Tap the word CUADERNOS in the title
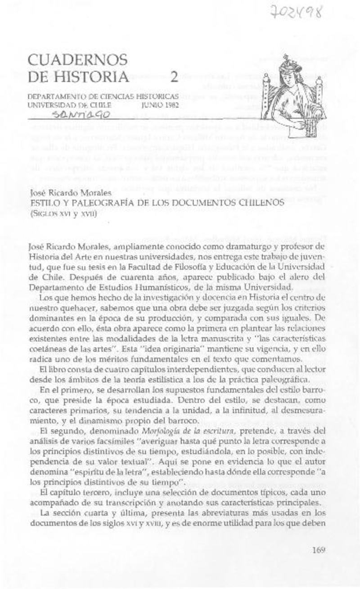click(77, 59)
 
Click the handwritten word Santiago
click(82, 115)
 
